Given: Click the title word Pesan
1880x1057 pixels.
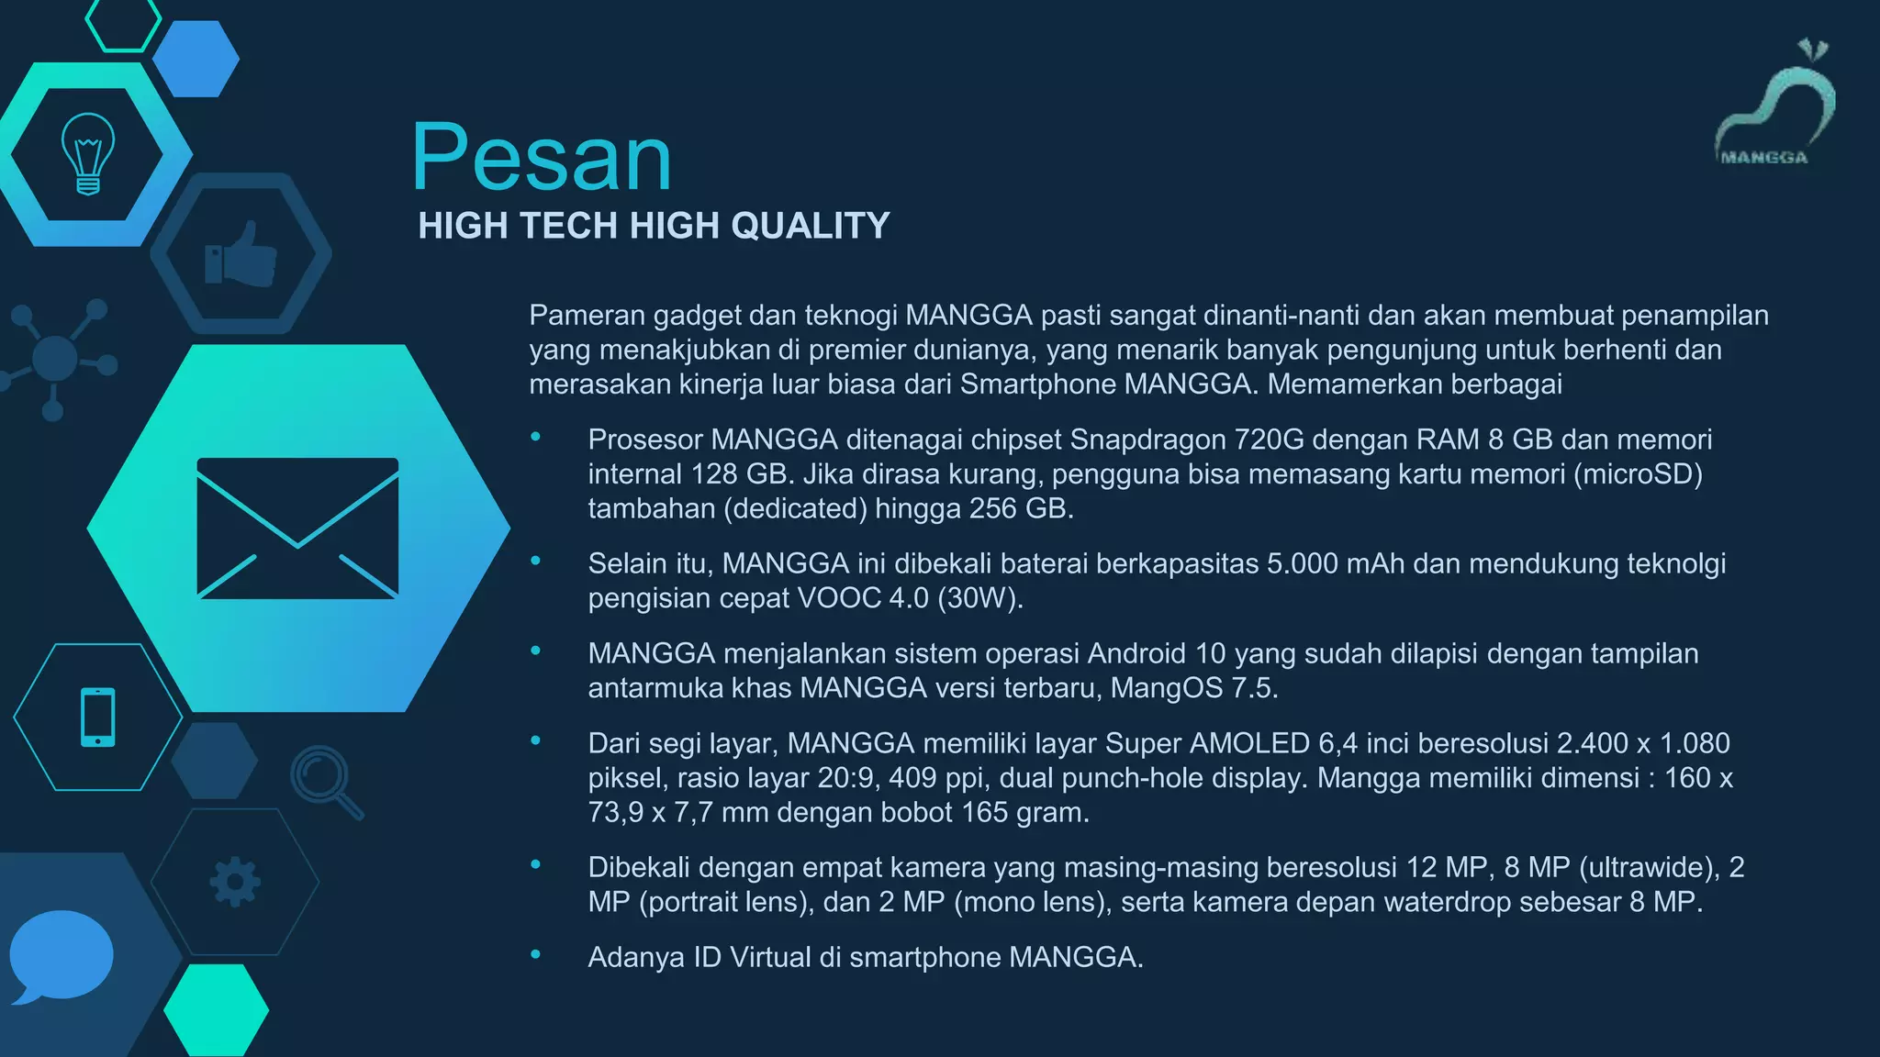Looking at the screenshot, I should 542,158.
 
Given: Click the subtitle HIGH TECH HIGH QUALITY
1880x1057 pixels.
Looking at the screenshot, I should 654,226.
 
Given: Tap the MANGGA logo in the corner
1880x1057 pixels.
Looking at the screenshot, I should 1773,106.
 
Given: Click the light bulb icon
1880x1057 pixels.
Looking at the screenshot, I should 88,153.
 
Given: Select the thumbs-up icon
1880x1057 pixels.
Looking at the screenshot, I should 241,254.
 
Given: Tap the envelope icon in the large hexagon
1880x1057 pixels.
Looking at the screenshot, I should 297,528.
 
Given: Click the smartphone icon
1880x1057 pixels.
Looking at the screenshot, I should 98,717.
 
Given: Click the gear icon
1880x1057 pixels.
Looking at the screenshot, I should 235,882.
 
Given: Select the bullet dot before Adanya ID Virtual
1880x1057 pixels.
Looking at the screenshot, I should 535,955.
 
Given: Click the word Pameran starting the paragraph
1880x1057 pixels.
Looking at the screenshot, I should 587,316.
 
